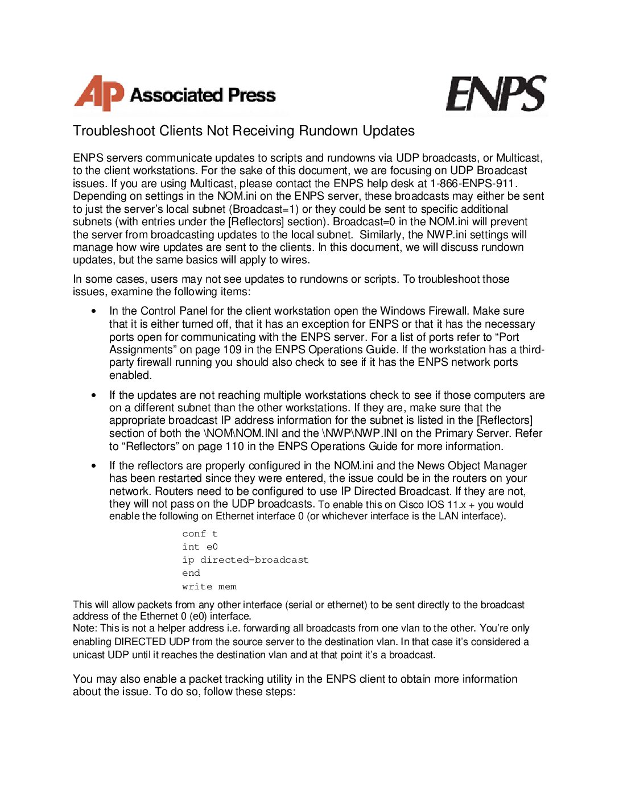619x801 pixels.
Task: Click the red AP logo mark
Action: [98, 93]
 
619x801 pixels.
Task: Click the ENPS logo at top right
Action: [496, 94]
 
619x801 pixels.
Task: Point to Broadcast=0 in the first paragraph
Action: [364, 221]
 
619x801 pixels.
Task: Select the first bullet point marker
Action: [94, 311]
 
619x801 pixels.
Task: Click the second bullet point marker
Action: [94, 395]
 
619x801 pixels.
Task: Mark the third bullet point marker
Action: [94, 465]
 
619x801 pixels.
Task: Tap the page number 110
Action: [234, 446]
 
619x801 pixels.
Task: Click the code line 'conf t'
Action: [200, 534]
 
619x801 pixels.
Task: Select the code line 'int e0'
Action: [200, 547]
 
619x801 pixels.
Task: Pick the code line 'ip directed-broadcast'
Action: [245, 560]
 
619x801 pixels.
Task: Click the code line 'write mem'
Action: [209, 587]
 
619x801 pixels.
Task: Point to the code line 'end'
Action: [191, 573]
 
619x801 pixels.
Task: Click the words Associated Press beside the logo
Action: [203, 95]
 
